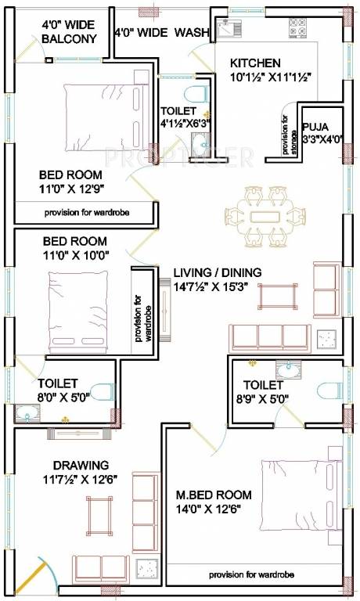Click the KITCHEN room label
click(255, 63)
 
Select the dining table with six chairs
click(261, 214)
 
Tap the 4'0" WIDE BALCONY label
click(70, 31)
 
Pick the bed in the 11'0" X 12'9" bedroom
click(102, 117)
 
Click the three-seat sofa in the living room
click(271, 336)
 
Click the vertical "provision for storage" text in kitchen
click(284, 136)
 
